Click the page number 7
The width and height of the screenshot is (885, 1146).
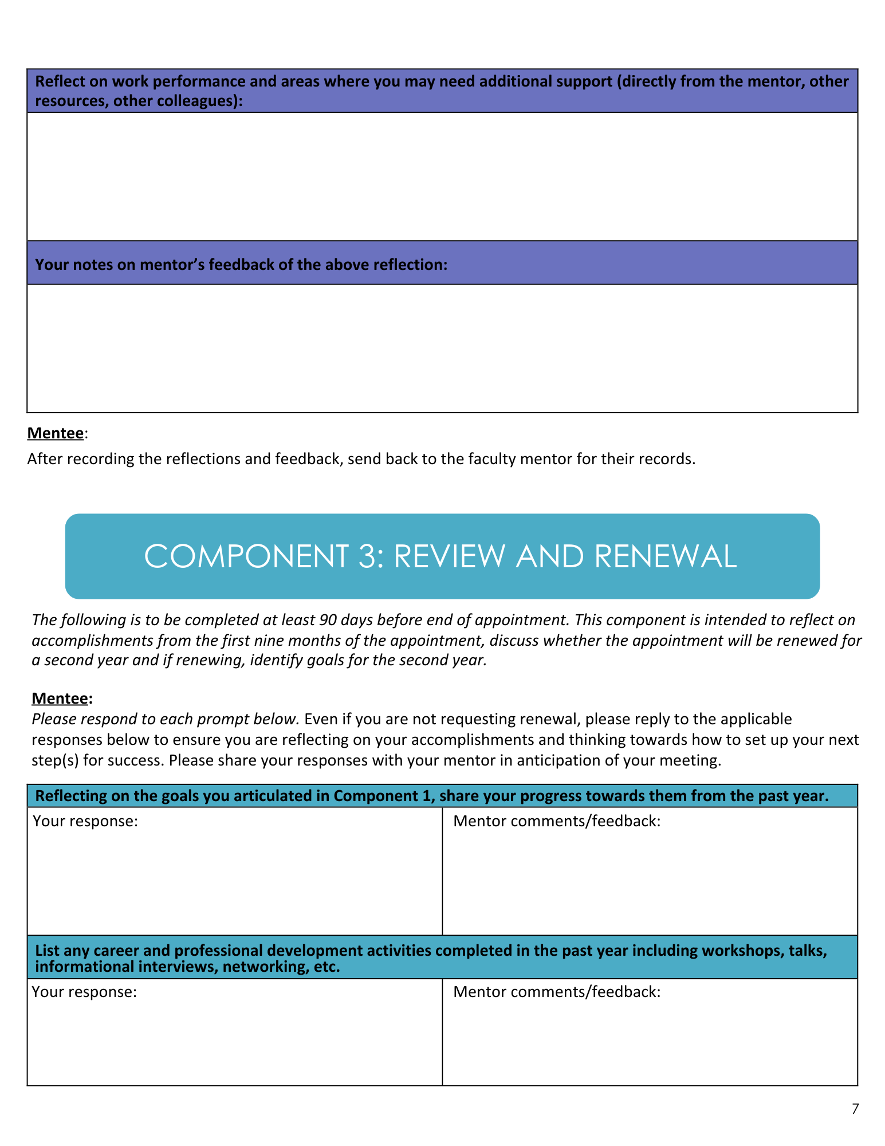pos(855,1109)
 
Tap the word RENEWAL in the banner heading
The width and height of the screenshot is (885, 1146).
pos(665,556)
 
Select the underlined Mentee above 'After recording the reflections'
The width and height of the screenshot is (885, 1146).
pos(56,433)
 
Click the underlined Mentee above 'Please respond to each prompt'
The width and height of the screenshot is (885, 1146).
pos(60,698)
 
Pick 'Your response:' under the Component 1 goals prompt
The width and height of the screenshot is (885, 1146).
pos(85,821)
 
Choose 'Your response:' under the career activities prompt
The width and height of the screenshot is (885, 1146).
pos(84,992)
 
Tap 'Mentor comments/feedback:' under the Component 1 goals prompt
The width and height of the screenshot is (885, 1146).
pos(557,821)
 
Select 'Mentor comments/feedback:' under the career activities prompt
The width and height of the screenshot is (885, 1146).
pos(557,992)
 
